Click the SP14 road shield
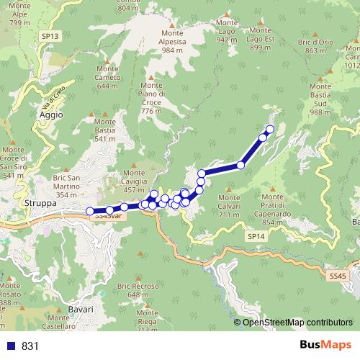256,236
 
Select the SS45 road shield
337,276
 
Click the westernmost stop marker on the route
90,211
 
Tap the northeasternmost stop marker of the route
270,130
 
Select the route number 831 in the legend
30,346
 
